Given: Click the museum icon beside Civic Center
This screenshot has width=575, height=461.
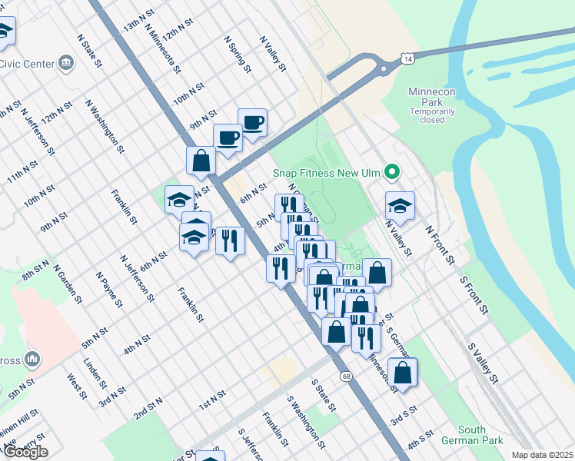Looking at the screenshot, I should (x=65, y=62).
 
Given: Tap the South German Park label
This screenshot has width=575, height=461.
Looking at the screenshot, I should (x=472, y=435).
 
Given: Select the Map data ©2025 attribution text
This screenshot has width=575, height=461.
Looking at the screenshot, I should (x=542, y=455).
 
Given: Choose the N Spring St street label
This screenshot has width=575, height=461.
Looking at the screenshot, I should (x=238, y=53).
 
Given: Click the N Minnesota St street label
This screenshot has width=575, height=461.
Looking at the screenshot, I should (x=162, y=47).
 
